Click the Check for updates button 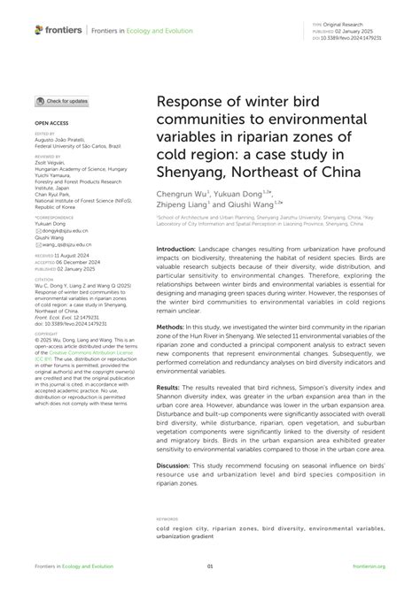[62, 102]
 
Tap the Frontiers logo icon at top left [40, 30]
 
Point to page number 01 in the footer [210, 565]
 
